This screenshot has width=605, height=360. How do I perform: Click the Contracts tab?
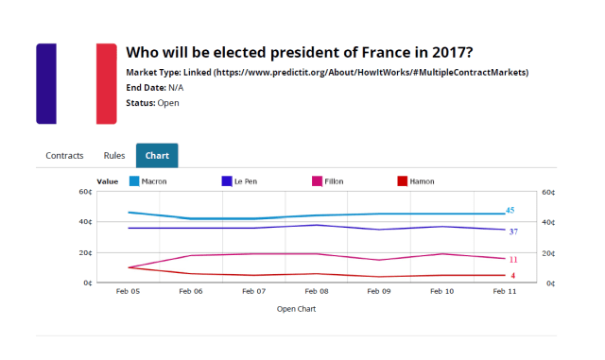pos(64,155)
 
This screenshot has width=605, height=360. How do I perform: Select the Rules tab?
pos(114,155)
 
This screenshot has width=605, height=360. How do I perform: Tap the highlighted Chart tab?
pos(157,155)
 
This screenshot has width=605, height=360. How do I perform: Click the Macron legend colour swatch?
pos(133,180)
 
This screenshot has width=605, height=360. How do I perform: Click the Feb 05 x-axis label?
pos(128,293)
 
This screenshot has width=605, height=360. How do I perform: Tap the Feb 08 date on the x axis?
pos(317,293)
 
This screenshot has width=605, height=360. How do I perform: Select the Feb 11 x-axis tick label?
pos(505,293)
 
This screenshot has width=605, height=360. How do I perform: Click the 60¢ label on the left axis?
pos(85,192)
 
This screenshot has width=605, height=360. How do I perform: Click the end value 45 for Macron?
pos(510,211)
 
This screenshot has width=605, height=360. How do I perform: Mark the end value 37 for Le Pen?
pos(512,231)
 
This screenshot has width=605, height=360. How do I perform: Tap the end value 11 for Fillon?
pos(512,260)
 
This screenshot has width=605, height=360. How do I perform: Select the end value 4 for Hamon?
pos(512,276)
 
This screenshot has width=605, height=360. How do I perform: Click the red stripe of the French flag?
pos(106,83)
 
